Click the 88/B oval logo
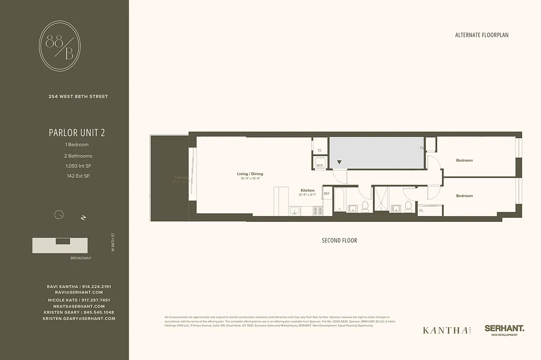pyautogui.click(x=60, y=46)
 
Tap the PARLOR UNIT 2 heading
pyautogui.click(x=77, y=133)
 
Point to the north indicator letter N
pyautogui.click(x=83, y=218)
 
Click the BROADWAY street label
pyautogui.click(x=81, y=258)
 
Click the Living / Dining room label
pyautogui.click(x=250, y=174)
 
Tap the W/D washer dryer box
pyautogui.click(x=320, y=163)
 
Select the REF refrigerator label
pyautogui.click(x=326, y=193)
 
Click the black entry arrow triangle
pyautogui.click(x=340, y=162)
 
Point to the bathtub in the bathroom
pyautogui.click(x=340, y=200)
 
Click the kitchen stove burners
pyautogui.click(x=317, y=211)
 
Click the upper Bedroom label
pyautogui.click(x=465, y=160)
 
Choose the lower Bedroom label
pyautogui.click(x=465, y=196)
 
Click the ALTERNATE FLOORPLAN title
pyautogui.click(x=482, y=35)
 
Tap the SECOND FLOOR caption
pyautogui.click(x=340, y=240)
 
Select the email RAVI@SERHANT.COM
pyautogui.click(x=79, y=292)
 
